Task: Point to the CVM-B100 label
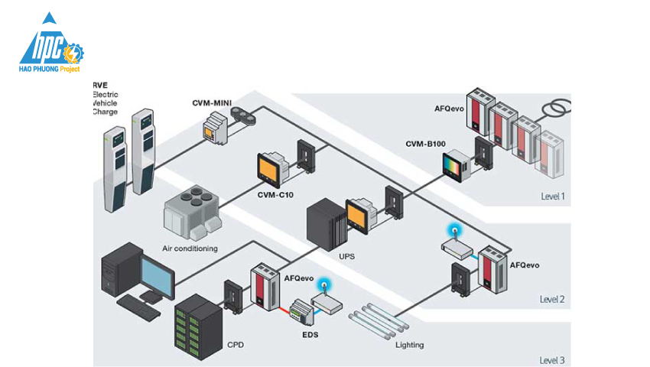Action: coord(427,144)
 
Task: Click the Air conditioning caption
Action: coord(190,248)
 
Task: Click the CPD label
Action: coord(237,346)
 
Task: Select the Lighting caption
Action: coord(409,345)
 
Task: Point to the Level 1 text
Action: coord(552,196)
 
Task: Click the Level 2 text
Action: coord(552,299)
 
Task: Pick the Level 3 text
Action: coord(552,359)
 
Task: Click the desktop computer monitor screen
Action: coord(158,274)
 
